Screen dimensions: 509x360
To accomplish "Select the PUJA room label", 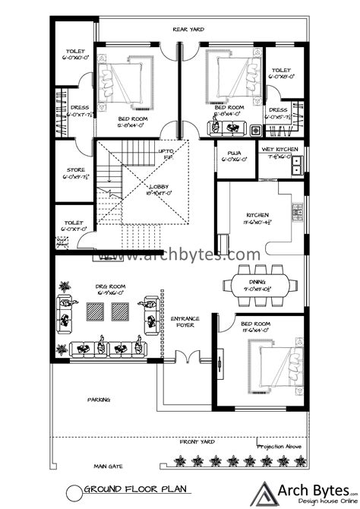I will [231, 156].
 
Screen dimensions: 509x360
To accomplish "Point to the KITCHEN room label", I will [255, 217].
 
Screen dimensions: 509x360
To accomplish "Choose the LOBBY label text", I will [159, 188].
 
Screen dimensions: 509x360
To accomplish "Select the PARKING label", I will [98, 398].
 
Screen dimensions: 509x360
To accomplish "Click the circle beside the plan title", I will [74, 492].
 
